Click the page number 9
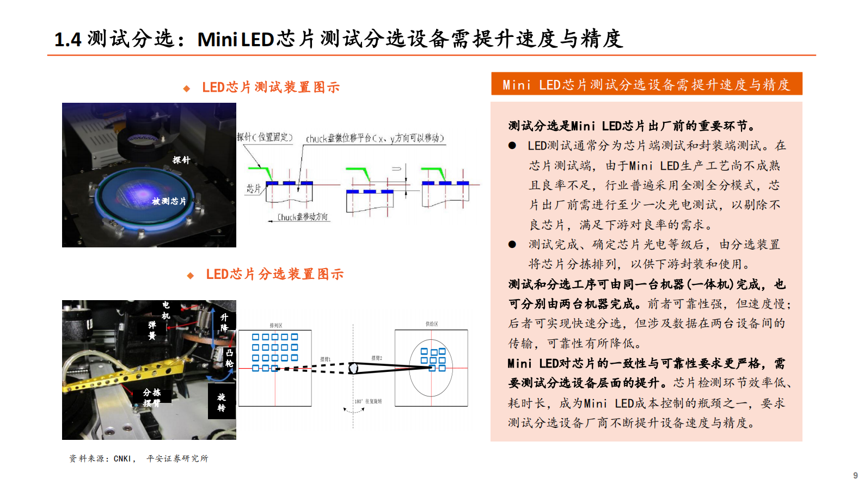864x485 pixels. pyautogui.click(x=855, y=475)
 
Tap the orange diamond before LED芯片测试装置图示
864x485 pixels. pyautogui.click(x=187, y=88)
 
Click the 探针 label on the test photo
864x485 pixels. pyautogui.click(x=181, y=160)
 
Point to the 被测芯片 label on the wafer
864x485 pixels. pyautogui.click(x=169, y=201)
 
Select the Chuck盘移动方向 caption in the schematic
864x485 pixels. pyautogui.click(x=303, y=217)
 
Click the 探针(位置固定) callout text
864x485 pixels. pyautogui.click(x=265, y=137)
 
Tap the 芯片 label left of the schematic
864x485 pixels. pyautogui.click(x=253, y=189)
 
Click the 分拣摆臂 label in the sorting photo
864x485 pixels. pyautogui.click(x=152, y=397)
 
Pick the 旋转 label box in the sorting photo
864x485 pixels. pyautogui.click(x=222, y=402)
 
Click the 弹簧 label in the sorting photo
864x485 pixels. pyautogui.click(x=152, y=330)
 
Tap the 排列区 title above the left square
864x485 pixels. pyautogui.click(x=276, y=325)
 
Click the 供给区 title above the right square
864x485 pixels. pyautogui.click(x=432, y=324)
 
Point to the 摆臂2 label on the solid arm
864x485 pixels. pyautogui.click(x=377, y=358)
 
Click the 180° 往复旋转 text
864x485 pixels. pyautogui.click(x=369, y=401)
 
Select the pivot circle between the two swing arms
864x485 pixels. pyautogui.click(x=353, y=368)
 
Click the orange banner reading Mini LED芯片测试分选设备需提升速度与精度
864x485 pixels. pyautogui.click(x=646, y=84)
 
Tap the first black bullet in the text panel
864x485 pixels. pyautogui.click(x=512, y=146)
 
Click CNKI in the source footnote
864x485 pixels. pyautogui.click(x=122, y=458)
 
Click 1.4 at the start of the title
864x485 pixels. pyautogui.click(x=68, y=39)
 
